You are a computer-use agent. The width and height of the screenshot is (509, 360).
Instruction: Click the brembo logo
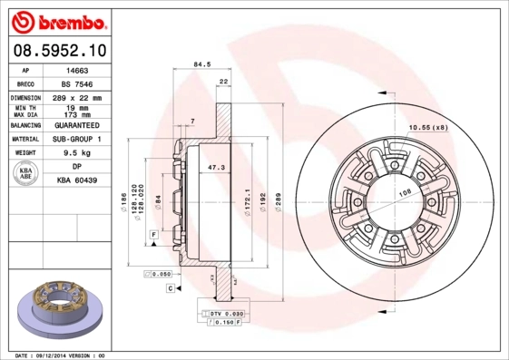click(59, 20)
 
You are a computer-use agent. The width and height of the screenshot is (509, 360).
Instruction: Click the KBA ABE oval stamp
click(24, 172)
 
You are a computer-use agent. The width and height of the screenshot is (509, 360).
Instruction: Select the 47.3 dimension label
click(217, 169)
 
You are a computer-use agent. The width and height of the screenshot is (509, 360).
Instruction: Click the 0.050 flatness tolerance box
click(160, 273)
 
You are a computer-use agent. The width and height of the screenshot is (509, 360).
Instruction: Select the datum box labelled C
click(170, 287)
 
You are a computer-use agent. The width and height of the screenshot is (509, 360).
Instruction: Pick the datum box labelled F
click(154, 235)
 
